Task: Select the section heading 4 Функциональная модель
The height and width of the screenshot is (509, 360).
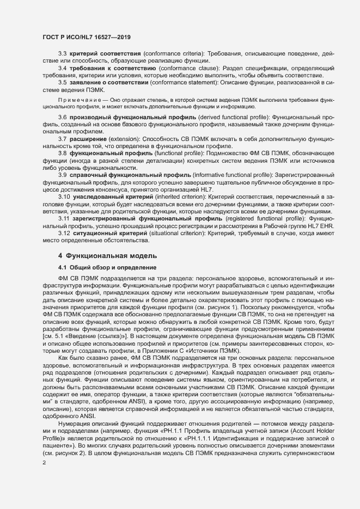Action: click(107, 255)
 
